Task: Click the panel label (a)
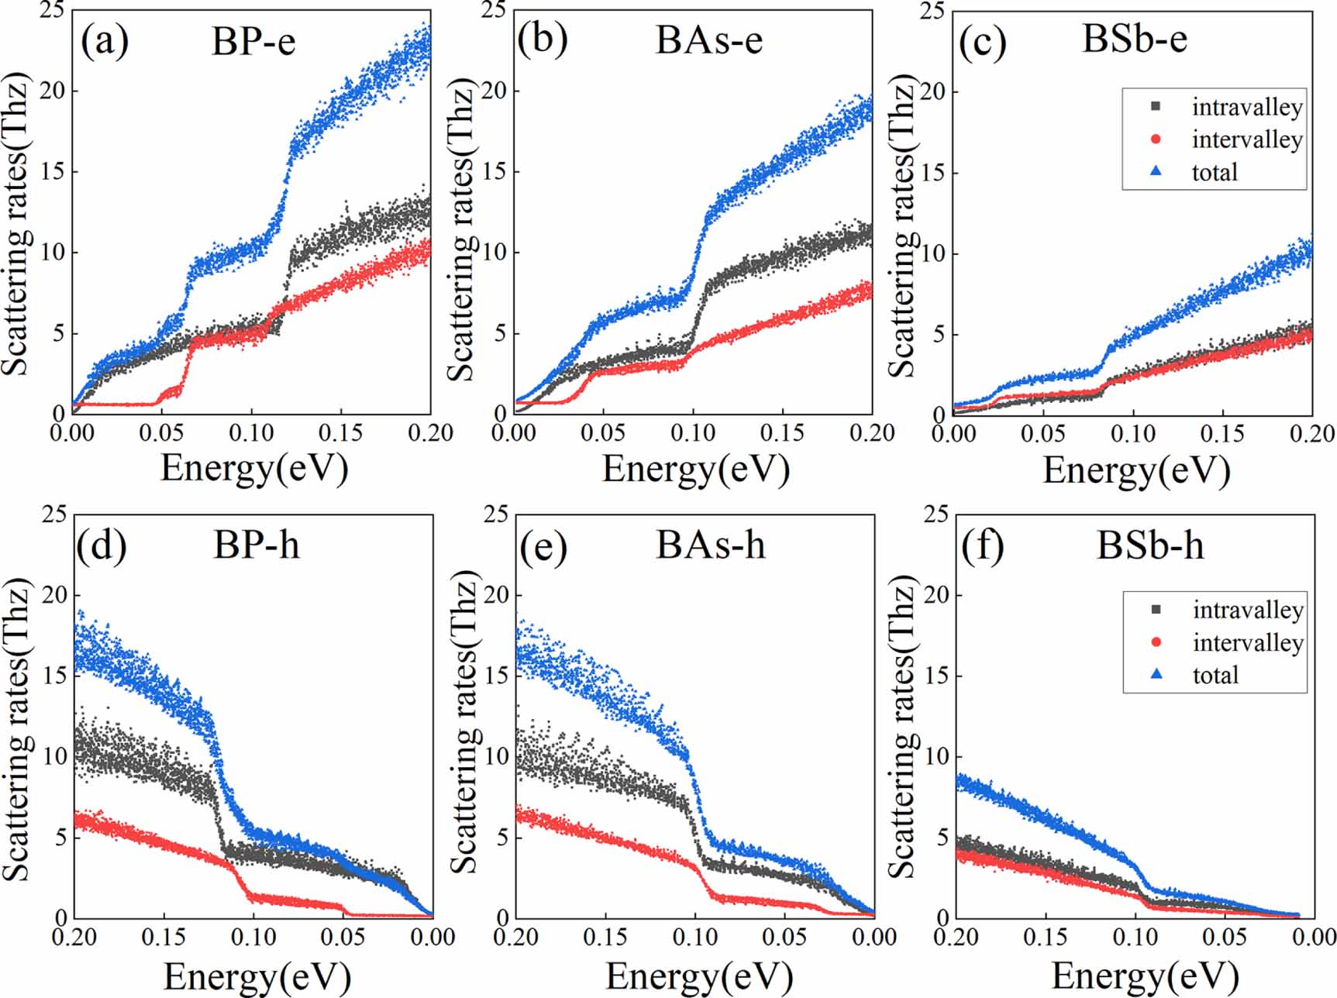tap(105, 41)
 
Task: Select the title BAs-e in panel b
tap(708, 40)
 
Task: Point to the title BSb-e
tap(1134, 38)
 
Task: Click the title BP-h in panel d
tap(256, 545)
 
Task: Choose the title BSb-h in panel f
tap(1149, 545)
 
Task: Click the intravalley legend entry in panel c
tap(1246, 107)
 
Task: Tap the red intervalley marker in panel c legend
tap(1156, 139)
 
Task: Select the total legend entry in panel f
tap(1215, 675)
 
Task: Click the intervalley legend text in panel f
tap(1248, 642)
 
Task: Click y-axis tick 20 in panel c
tap(932, 91)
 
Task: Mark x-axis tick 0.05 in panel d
tap(343, 937)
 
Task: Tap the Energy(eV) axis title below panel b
tap(695, 470)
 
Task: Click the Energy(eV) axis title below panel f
tap(1145, 976)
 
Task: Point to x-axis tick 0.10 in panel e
tap(695, 937)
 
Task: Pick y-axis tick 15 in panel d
tap(54, 675)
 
